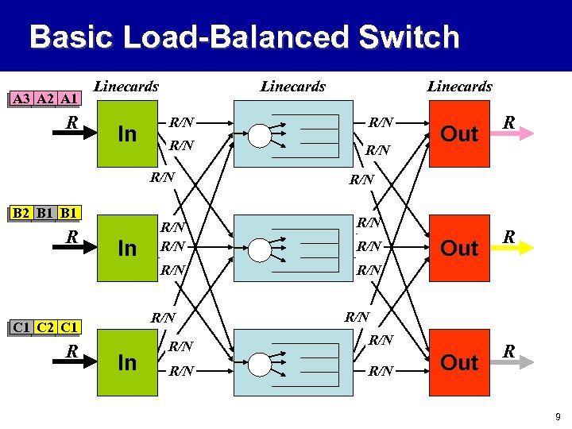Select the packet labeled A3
[x=21, y=99]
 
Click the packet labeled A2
[x=45, y=99]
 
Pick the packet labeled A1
[x=69, y=99]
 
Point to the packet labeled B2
[x=21, y=214]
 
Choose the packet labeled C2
[x=45, y=327]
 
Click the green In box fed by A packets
[x=127, y=133]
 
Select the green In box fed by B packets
[x=127, y=248]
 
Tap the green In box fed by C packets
[x=127, y=362]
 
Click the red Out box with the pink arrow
[x=459, y=133]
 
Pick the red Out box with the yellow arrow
[x=459, y=248]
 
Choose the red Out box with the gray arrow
[x=459, y=362]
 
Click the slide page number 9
[x=558, y=415]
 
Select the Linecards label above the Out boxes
[x=459, y=87]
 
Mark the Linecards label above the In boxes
[x=126, y=87]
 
